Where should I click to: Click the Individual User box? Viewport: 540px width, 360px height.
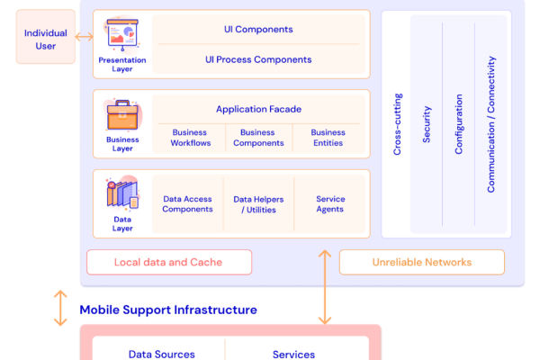(45, 40)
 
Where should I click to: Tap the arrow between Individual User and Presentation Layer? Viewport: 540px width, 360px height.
(84, 37)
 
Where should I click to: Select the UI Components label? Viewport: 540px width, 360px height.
(258, 30)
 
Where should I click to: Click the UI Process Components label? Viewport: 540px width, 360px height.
(258, 59)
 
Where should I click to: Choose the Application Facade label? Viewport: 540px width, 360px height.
(258, 109)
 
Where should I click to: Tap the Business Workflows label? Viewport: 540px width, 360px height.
(191, 138)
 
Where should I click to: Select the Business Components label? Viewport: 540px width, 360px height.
(258, 138)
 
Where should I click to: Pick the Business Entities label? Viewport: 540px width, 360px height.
(328, 138)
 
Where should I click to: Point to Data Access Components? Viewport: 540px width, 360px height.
(187, 204)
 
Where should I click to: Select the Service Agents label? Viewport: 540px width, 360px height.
(329, 204)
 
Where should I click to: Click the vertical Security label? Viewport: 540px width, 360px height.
(427, 123)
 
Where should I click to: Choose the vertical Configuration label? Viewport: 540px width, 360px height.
(458, 123)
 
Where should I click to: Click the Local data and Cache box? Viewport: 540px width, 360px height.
(168, 262)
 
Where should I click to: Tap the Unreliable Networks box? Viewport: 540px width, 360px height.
(421, 262)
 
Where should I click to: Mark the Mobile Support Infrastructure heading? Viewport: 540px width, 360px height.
(168, 310)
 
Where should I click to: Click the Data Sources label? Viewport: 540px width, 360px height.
(162, 354)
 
